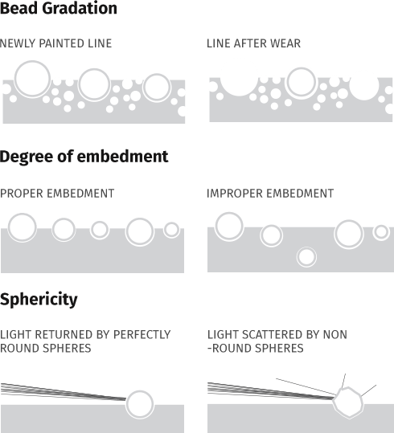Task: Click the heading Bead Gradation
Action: [59, 8]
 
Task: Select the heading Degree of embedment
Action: [84, 157]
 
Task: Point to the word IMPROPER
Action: [235, 194]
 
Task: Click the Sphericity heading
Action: [39, 300]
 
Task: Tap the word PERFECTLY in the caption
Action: [142, 335]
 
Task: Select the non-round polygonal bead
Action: [348, 402]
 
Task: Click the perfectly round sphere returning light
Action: [140, 404]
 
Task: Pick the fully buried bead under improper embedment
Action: [306, 257]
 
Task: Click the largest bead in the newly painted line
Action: [32, 79]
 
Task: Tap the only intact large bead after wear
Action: [301, 83]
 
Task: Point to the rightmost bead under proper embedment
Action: [171, 230]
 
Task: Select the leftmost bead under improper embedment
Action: [229, 227]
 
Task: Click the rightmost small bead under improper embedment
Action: [381, 232]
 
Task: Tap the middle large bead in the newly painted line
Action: [94, 84]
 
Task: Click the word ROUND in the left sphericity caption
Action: [15, 349]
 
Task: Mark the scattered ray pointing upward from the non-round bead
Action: [343, 381]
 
